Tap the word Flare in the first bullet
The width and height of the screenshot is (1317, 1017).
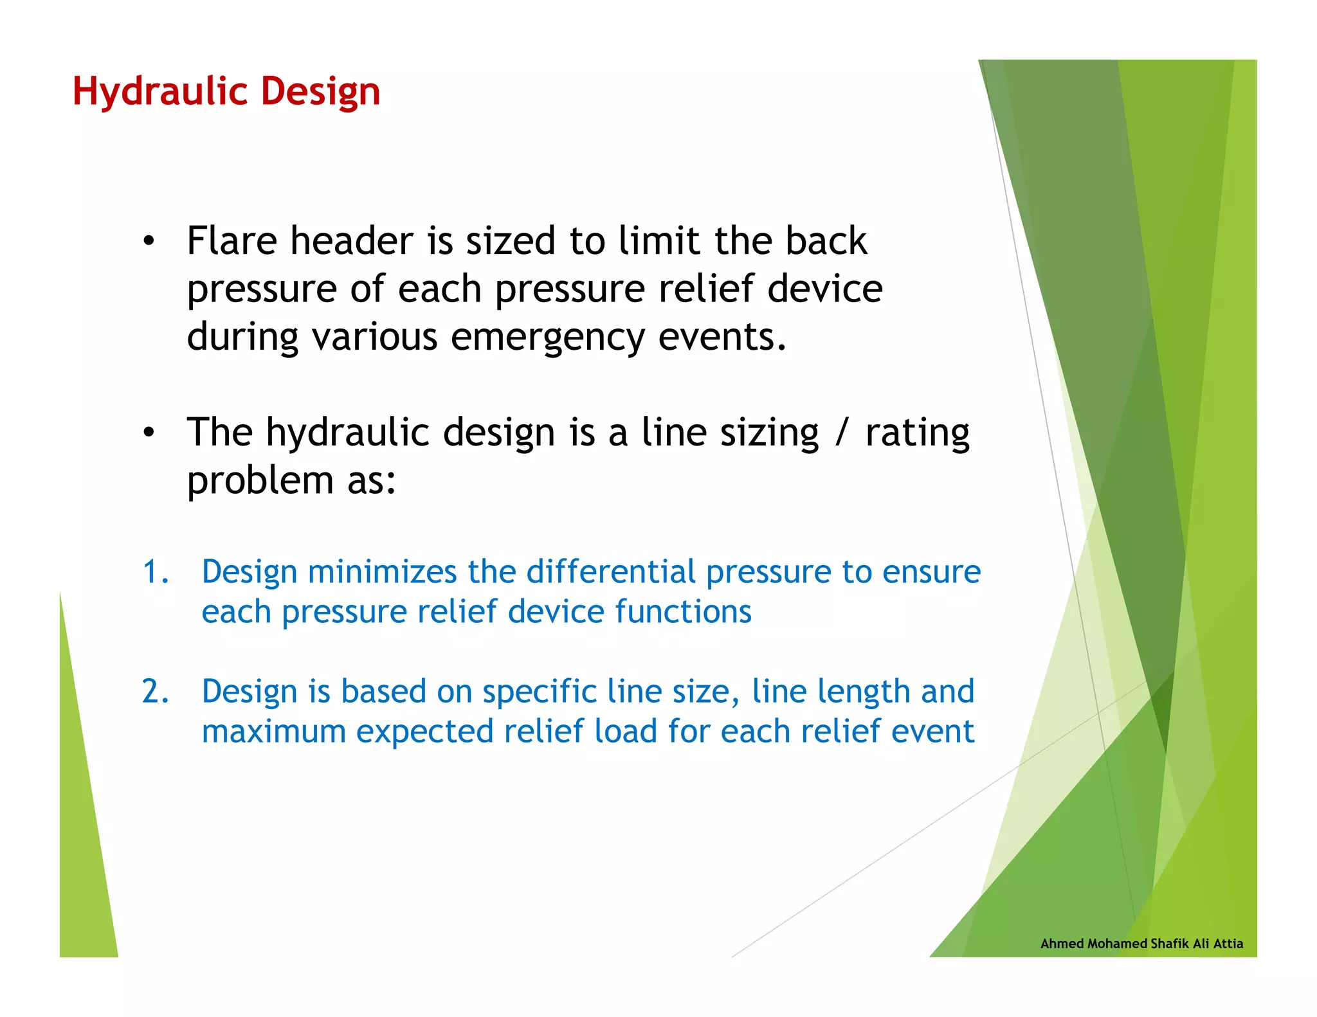point(232,241)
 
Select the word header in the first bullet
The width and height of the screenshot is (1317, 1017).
point(352,241)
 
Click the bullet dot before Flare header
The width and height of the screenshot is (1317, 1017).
point(149,242)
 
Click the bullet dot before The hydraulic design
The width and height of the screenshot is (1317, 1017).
point(149,433)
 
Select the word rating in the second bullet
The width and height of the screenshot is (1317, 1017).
point(917,433)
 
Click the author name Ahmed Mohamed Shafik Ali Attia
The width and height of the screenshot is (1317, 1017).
point(1141,943)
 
